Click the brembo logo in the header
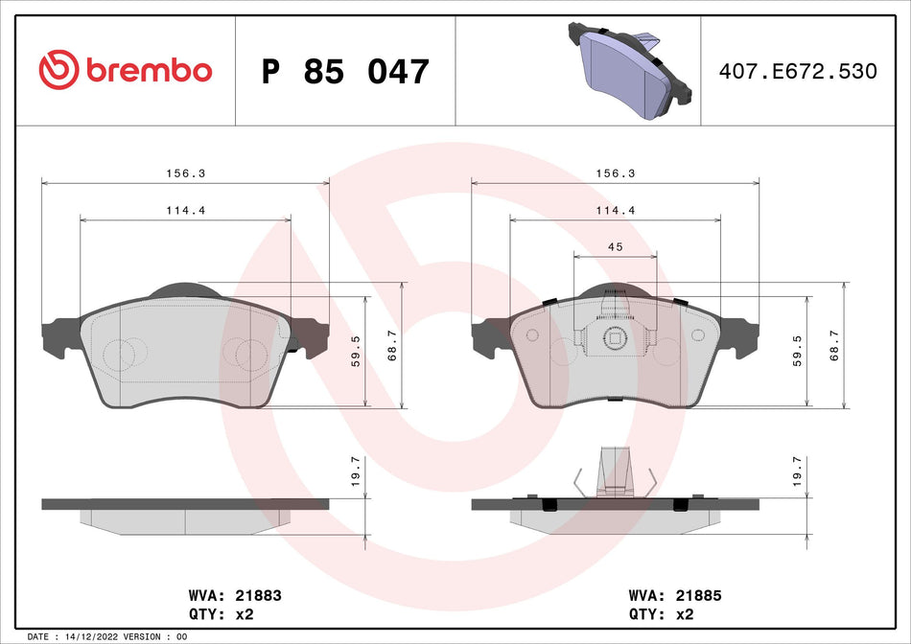pyautogui.click(x=125, y=70)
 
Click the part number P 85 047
pyautogui.click(x=345, y=72)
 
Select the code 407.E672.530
pyautogui.click(x=798, y=72)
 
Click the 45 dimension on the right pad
pyautogui.click(x=615, y=247)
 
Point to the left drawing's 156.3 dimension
pyautogui.click(x=185, y=173)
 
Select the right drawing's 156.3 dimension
pyautogui.click(x=615, y=173)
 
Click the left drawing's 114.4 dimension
pyautogui.click(x=185, y=210)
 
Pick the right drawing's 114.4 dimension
pyautogui.click(x=615, y=210)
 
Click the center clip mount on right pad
pyautogui.click(x=615, y=334)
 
